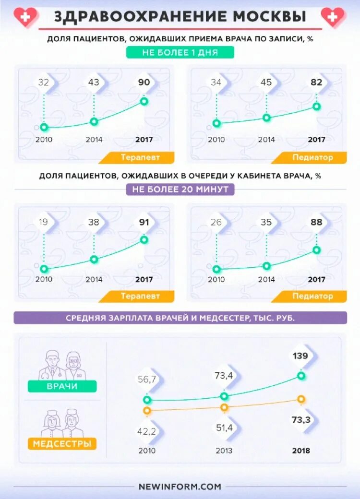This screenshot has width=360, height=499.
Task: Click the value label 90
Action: (x=144, y=82)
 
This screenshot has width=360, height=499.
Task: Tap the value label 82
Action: (x=316, y=82)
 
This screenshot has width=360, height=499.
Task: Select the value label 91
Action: (x=144, y=222)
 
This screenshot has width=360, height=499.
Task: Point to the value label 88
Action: (x=316, y=222)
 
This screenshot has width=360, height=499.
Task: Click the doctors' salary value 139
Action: (x=301, y=356)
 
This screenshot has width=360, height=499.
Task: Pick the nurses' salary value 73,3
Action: (x=301, y=420)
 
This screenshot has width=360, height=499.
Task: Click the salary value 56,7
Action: (x=147, y=380)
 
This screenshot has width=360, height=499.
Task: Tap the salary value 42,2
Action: (x=147, y=431)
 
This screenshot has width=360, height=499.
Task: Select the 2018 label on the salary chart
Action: (x=301, y=451)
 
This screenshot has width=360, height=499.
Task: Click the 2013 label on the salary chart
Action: (x=224, y=451)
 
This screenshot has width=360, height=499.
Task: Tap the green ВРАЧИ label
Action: (x=62, y=386)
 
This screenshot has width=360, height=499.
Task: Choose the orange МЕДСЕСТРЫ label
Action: (x=62, y=444)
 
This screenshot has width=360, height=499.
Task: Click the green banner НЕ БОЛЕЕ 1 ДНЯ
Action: (x=180, y=52)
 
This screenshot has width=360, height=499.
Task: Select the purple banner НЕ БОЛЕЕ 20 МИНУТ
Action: (x=180, y=189)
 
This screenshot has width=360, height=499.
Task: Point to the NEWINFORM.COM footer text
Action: (x=180, y=486)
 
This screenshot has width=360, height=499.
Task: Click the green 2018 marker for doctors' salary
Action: (x=301, y=376)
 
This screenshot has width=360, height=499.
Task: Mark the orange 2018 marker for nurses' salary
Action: (x=301, y=399)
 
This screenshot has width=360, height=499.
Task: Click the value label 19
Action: (x=44, y=222)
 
